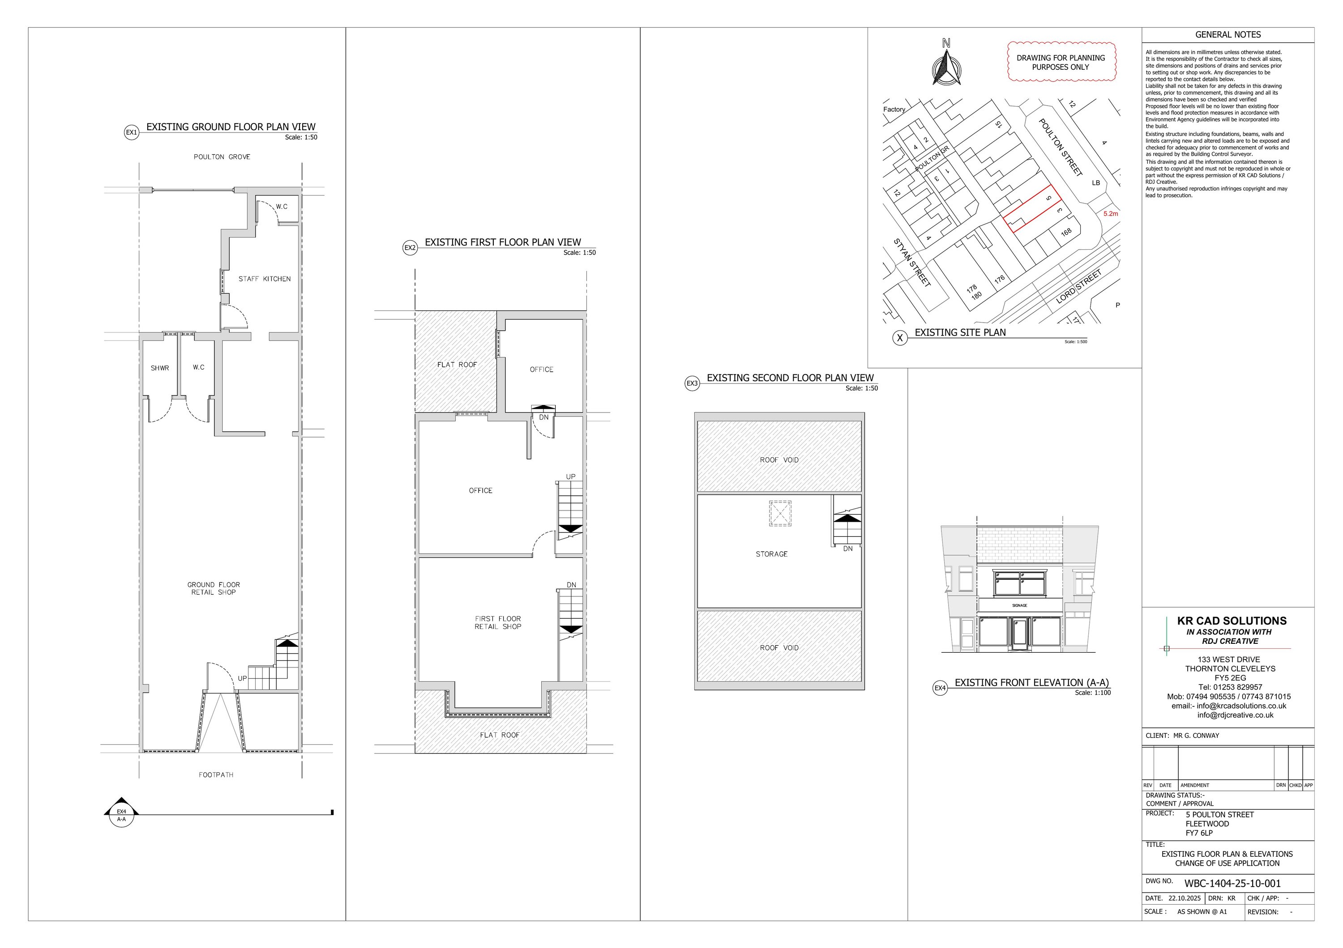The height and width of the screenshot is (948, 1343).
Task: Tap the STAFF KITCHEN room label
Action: (x=265, y=279)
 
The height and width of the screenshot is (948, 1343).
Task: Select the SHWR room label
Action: (x=160, y=368)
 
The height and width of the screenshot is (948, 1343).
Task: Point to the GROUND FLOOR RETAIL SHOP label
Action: (x=214, y=588)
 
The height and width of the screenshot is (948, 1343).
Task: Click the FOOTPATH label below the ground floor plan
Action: (x=216, y=775)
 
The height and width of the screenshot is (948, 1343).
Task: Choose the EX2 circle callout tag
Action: (x=410, y=248)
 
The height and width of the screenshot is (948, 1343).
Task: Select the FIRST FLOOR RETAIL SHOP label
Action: (x=498, y=622)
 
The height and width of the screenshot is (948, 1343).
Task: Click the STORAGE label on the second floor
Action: (x=771, y=554)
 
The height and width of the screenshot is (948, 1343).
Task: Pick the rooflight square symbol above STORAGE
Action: (x=780, y=514)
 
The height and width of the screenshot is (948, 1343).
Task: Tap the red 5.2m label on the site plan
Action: (x=1110, y=214)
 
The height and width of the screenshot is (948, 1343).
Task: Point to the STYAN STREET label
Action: (x=911, y=263)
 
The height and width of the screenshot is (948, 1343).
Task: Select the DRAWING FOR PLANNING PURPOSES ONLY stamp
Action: (x=1061, y=62)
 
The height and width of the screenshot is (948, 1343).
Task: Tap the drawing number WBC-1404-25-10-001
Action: (x=1232, y=884)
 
